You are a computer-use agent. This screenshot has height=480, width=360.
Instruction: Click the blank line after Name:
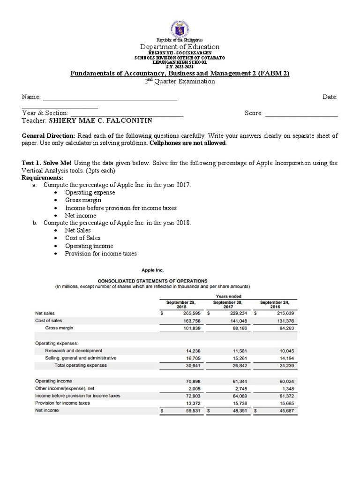pos(110,97)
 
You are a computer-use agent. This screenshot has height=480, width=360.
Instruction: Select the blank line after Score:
pos(301,113)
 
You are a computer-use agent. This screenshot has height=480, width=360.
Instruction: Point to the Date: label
pos(330,97)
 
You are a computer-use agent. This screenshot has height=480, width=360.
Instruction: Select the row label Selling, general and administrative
pos(80,358)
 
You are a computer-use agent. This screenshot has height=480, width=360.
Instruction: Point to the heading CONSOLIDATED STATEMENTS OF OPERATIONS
pos(146,281)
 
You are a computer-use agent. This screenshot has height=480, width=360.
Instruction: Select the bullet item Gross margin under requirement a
pos(83,200)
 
